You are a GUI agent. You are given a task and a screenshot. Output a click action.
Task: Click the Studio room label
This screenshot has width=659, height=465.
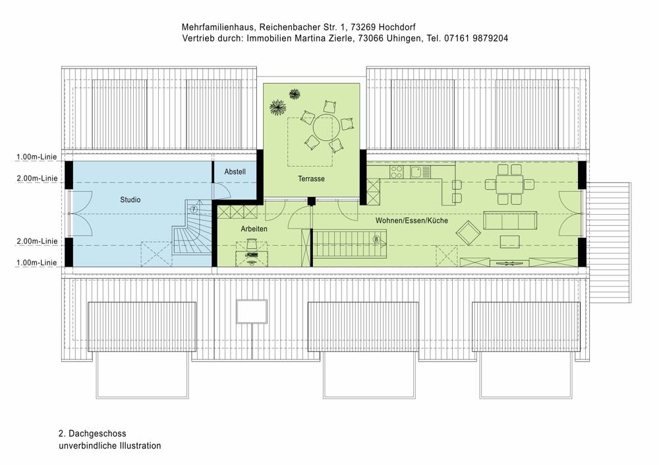(x=130, y=199)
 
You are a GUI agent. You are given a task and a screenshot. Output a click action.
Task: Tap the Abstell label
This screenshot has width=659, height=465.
(x=235, y=172)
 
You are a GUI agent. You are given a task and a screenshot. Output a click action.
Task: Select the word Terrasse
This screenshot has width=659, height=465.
(x=311, y=178)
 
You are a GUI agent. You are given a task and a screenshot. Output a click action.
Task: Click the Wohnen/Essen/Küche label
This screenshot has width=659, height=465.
(x=412, y=221)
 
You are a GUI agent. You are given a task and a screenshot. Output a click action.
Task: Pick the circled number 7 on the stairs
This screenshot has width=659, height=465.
(x=193, y=209)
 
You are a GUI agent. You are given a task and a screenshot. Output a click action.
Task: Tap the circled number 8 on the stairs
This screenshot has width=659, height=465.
(x=376, y=239)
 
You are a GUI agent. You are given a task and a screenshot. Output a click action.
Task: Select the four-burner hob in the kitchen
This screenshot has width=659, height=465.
(x=397, y=172)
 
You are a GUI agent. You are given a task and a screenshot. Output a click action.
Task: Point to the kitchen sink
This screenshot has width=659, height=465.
(x=416, y=172)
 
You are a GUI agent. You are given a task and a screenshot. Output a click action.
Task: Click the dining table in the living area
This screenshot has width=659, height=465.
(x=510, y=184)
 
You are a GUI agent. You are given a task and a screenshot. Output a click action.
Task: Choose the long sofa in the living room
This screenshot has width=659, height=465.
(x=509, y=220)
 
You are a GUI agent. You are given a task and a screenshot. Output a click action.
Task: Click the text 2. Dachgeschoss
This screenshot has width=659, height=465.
(x=92, y=433)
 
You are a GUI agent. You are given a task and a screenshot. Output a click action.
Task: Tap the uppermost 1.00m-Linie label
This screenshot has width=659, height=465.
(x=37, y=157)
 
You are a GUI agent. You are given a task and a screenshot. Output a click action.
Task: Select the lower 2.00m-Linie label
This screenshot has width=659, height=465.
(x=37, y=242)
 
